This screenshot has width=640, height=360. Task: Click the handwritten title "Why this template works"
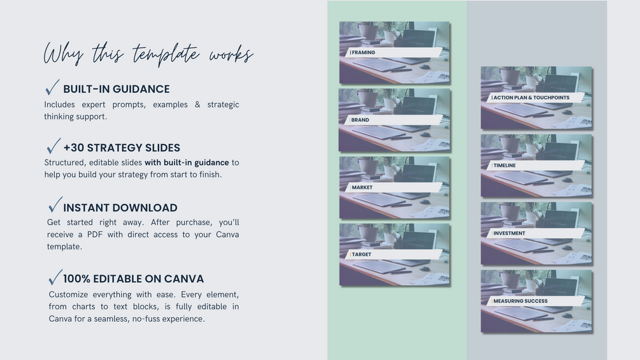pyautogui.click(x=148, y=54)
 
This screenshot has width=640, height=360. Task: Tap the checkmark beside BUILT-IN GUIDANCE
pyautogui.click(x=52, y=88)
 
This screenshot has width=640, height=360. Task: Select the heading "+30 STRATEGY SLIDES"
pyautogui.click(x=122, y=148)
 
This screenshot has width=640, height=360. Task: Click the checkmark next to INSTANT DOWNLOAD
pyautogui.click(x=55, y=205)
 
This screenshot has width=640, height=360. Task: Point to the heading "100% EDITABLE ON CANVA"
pyautogui.click(x=134, y=279)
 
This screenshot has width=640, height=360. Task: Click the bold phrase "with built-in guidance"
pyautogui.click(x=187, y=162)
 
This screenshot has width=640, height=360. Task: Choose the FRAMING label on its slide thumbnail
pyautogui.click(x=363, y=52)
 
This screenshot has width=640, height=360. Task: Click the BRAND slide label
pyautogui.click(x=360, y=120)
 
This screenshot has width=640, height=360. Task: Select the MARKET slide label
pyautogui.click(x=362, y=187)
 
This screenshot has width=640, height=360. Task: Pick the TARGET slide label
pyautogui.click(x=362, y=254)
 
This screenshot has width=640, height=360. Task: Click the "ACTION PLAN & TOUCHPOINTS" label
pyautogui.click(x=532, y=97)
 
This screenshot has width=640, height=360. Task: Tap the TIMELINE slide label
pyautogui.click(x=504, y=165)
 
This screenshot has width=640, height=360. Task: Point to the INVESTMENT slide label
pyautogui.click(x=509, y=233)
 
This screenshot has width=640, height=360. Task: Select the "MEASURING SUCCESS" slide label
pyautogui.click(x=520, y=301)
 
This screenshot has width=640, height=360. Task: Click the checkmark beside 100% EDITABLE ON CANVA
pyautogui.click(x=55, y=277)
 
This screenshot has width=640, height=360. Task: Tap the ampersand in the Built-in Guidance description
pyautogui.click(x=197, y=104)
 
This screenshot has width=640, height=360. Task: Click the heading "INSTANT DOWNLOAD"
pyautogui.click(x=120, y=208)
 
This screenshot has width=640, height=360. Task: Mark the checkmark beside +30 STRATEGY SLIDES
pyautogui.click(x=53, y=146)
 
